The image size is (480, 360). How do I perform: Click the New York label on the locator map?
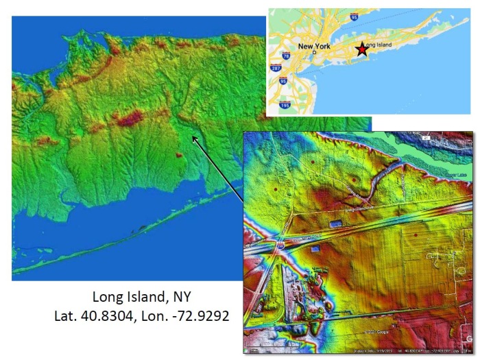[x=315, y=47]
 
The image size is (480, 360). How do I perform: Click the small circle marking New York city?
[x=315, y=53]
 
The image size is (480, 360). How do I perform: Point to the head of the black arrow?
[x=193, y=138]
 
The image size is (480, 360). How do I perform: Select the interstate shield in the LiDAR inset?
[x=281, y=243]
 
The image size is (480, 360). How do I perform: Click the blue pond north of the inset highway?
[x=336, y=224]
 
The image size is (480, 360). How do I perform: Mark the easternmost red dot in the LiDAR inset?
[x=416, y=235]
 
